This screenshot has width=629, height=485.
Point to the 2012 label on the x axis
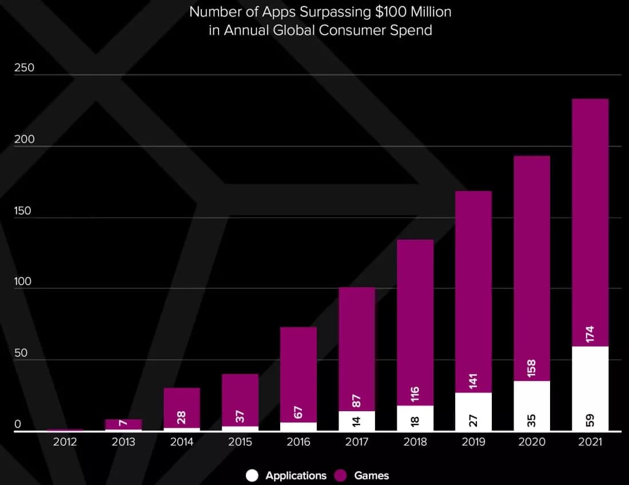coord(65,442)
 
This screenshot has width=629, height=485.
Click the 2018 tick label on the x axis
coord(415,442)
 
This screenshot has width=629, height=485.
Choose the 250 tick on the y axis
coord(24,67)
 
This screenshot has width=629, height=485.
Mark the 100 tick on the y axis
coord(24,282)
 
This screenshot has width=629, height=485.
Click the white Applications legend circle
coord(252,475)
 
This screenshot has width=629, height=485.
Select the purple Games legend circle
coord(341,475)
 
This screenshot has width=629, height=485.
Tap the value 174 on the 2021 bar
coord(590,335)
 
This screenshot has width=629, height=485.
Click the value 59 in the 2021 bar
coord(590,420)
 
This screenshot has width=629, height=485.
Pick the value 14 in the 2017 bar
coord(357,422)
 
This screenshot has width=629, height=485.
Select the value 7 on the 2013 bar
coord(124,422)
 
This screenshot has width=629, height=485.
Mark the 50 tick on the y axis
coord(21,353)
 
